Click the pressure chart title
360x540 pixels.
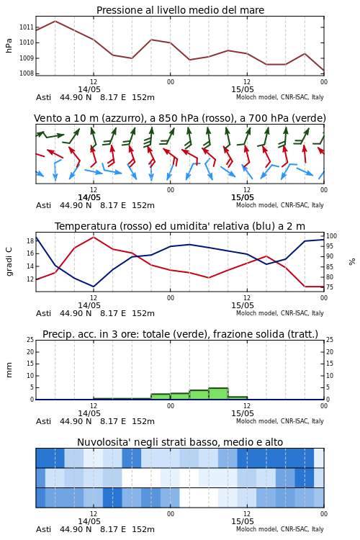pyautogui.click(x=180, y=10)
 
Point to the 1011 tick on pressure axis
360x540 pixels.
pyautogui.click(x=26, y=27)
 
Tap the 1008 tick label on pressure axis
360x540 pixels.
pyautogui.click(x=26, y=73)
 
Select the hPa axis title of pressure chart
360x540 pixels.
pyautogui.click(x=9, y=45)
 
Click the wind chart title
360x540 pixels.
pyautogui.click(x=180, y=118)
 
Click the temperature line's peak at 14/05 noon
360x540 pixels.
pyautogui.click(x=94, y=238)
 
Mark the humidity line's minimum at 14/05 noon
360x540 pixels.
pyautogui.click(x=94, y=287)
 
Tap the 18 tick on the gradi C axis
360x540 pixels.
pyautogui.click(x=30, y=240)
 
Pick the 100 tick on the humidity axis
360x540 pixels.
pyautogui.click(x=331, y=236)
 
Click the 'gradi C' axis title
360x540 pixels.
pyautogui.click(x=9, y=261)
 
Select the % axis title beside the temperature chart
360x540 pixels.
pyautogui.click(x=352, y=262)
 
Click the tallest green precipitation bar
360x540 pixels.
pyautogui.click(x=218, y=394)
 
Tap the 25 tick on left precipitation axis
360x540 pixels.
pyautogui.click(x=30, y=340)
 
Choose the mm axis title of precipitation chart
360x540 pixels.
pyautogui.click(x=9, y=370)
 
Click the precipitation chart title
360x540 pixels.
pyautogui.click(x=180, y=334)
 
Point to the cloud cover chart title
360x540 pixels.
pyautogui.click(x=180, y=442)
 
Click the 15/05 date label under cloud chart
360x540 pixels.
pyautogui.click(x=243, y=521)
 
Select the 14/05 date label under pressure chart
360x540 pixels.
pyautogui.click(x=89, y=89)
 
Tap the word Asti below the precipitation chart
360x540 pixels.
pyautogui.click(x=43, y=421)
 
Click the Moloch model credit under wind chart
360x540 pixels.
pyautogui.click(x=280, y=205)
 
